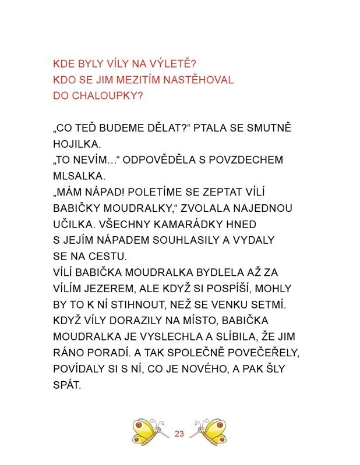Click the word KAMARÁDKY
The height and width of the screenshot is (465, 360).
point(189,223)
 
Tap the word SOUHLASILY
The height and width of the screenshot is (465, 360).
point(177,240)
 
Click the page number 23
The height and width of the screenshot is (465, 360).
point(179,433)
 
